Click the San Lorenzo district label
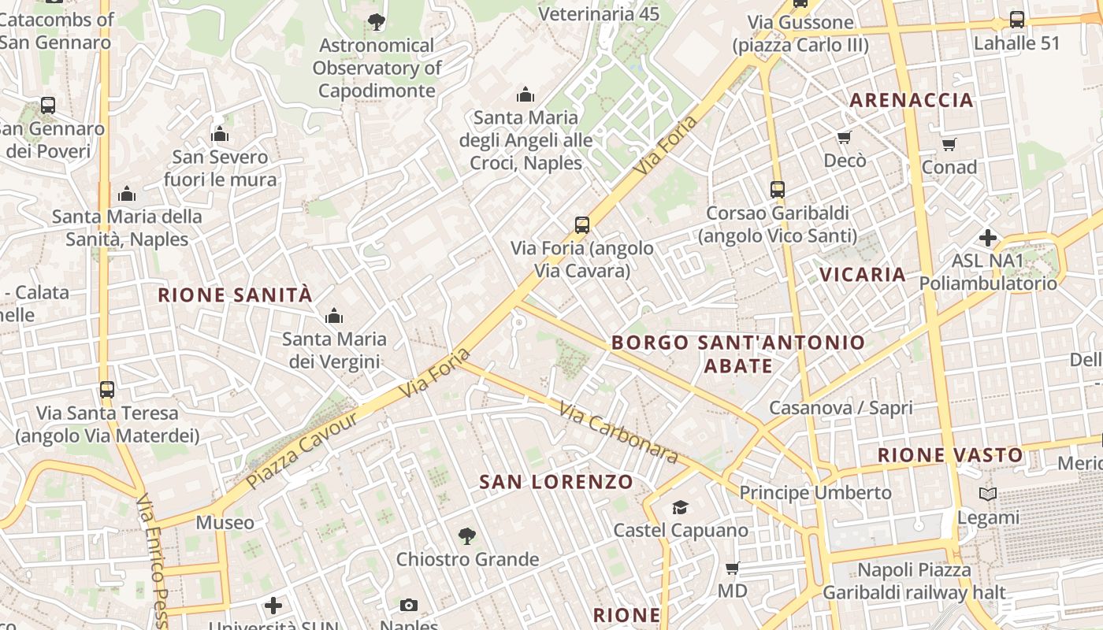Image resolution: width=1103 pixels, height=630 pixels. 556,482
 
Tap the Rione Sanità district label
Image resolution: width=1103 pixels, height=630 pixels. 236,295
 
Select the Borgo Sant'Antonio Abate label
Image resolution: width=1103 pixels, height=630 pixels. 738,354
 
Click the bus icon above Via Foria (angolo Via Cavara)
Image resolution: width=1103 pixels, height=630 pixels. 582,225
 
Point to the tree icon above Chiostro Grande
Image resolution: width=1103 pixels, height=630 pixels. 467,536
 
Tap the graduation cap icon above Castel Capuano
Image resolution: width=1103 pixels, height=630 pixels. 680,507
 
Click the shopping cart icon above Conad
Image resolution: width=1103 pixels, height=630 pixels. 949,144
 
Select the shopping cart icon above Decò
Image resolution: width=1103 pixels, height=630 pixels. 845,138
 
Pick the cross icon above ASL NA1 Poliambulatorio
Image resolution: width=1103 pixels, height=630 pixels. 988,237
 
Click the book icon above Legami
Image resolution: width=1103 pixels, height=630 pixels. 988,494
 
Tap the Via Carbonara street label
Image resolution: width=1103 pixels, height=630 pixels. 618,432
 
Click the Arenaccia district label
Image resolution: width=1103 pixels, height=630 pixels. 912,100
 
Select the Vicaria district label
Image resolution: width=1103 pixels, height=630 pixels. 863,274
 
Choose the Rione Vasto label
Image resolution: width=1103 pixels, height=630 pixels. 950,454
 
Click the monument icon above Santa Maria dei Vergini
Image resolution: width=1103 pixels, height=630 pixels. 334,317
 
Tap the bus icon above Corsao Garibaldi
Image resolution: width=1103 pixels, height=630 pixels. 778,190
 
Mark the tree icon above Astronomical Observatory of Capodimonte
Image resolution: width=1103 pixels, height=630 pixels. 377,22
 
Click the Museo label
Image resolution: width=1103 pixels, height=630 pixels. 225,522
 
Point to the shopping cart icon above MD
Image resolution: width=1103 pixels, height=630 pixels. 733,568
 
